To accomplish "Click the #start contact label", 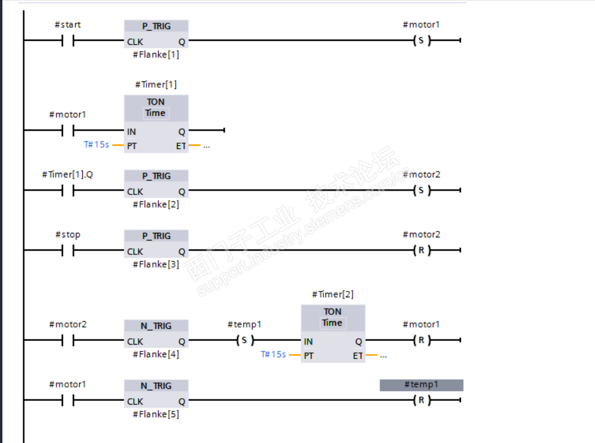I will click(x=67, y=25).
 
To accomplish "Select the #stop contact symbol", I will click(x=68, y=251).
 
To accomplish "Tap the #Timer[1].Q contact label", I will click(x=67, y=174).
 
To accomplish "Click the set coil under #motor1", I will click(x=421, y=41).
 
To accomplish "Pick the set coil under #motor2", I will click(x=421, y=191).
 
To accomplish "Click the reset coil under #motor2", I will click(x=421, y=251).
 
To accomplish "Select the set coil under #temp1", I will click(x=244, y=341).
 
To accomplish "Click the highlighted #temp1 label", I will click(x=421, y=385).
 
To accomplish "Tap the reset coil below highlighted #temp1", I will click(x=421, y=401).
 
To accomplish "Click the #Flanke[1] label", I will click(x=155, y=54).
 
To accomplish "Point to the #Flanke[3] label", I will click(x=155, y=264).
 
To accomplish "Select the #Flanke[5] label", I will click(x=155, y=414).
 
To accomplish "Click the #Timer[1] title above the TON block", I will click(x=155, y=85).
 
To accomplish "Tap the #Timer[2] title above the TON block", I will click(x=332, y=295).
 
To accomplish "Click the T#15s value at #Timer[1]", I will click(x=97, y=145).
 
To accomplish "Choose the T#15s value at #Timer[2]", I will click(x=273, y=355).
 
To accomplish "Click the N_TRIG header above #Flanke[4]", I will click(x=156, y=326).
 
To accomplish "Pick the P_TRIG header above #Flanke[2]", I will click(x=156, y=176).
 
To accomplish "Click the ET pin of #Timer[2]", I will click(x=358, y=355).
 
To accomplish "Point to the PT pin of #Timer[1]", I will click(x=132, y=145).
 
